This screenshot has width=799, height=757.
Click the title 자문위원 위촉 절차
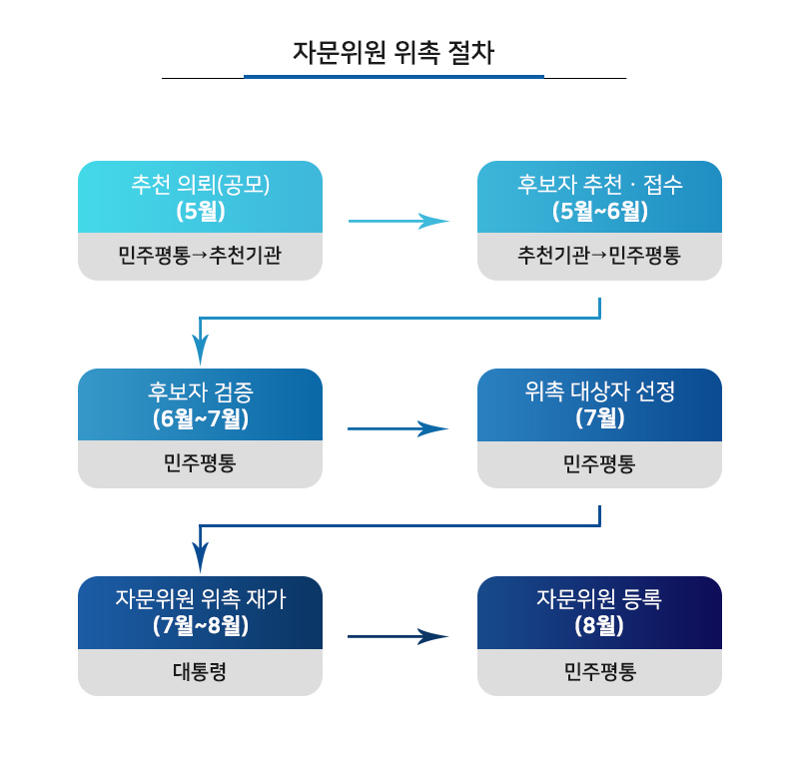pos(394,53)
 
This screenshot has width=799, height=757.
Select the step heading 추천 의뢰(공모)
pos(201,185)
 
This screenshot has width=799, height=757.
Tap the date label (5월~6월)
pos(600,211)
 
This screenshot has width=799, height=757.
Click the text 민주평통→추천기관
pos(200,255)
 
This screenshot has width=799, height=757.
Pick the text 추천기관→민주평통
pos(599,255)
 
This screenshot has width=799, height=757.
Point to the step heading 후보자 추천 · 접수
pos(600,185)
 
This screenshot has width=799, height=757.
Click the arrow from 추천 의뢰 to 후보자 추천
pos(399,221)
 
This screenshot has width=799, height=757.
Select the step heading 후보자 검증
pos(201,391)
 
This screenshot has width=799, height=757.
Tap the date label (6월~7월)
pos(201,418)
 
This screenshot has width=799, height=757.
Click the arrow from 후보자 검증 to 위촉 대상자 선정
pos(398,428)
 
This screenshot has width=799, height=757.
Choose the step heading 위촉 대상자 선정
pos(600,391)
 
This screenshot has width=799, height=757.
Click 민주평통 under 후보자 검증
pos(200,463)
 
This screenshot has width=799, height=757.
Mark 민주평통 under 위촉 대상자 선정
pos(599,464)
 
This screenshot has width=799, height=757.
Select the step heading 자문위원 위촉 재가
pos(201,599)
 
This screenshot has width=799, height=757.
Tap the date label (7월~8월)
pos(201,625)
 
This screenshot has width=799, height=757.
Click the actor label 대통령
pos(200,671)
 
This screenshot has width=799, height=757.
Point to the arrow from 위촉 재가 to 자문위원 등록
pos(398,636)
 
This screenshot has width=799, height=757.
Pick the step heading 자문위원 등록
pos(599,599)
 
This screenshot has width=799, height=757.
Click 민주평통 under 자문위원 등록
pos(600,671)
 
